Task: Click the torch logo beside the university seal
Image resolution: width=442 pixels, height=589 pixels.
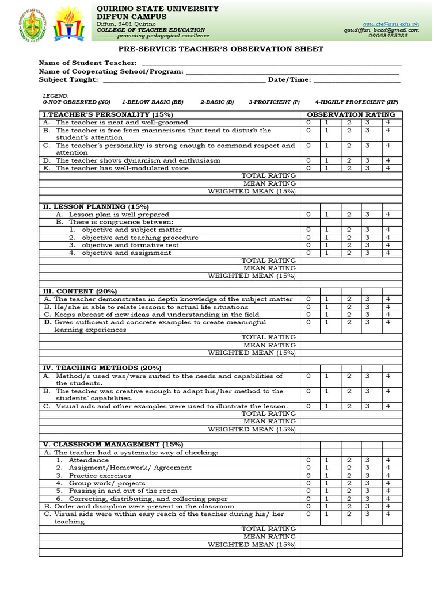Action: click(68, 22)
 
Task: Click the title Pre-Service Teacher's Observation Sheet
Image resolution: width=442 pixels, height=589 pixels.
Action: click(221, 49)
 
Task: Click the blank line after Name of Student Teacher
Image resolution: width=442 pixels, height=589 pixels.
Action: click(270, 63)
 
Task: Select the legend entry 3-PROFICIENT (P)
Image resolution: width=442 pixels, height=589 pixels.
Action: click(274, 102)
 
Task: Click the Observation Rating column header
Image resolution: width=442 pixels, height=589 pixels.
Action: click(350, 115)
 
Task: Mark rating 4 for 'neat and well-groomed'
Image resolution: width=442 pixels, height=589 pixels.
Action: click(388, 123)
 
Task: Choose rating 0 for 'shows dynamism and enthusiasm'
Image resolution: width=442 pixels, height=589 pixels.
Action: click(308, 160)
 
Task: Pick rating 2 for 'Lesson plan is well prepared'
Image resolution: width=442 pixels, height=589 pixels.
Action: click(348, 214)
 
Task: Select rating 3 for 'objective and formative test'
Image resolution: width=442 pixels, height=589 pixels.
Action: click(368, 245)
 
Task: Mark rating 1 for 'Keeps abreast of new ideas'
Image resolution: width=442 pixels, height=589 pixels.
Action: click(326, 315)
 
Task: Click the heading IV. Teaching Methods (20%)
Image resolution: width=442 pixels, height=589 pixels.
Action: click(102, 368)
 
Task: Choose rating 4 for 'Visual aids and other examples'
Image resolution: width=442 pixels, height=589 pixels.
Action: click(388, 406)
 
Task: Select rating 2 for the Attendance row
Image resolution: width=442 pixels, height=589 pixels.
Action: click(348, 460)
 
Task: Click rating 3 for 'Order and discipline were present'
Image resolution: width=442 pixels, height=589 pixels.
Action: click(368, 506)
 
